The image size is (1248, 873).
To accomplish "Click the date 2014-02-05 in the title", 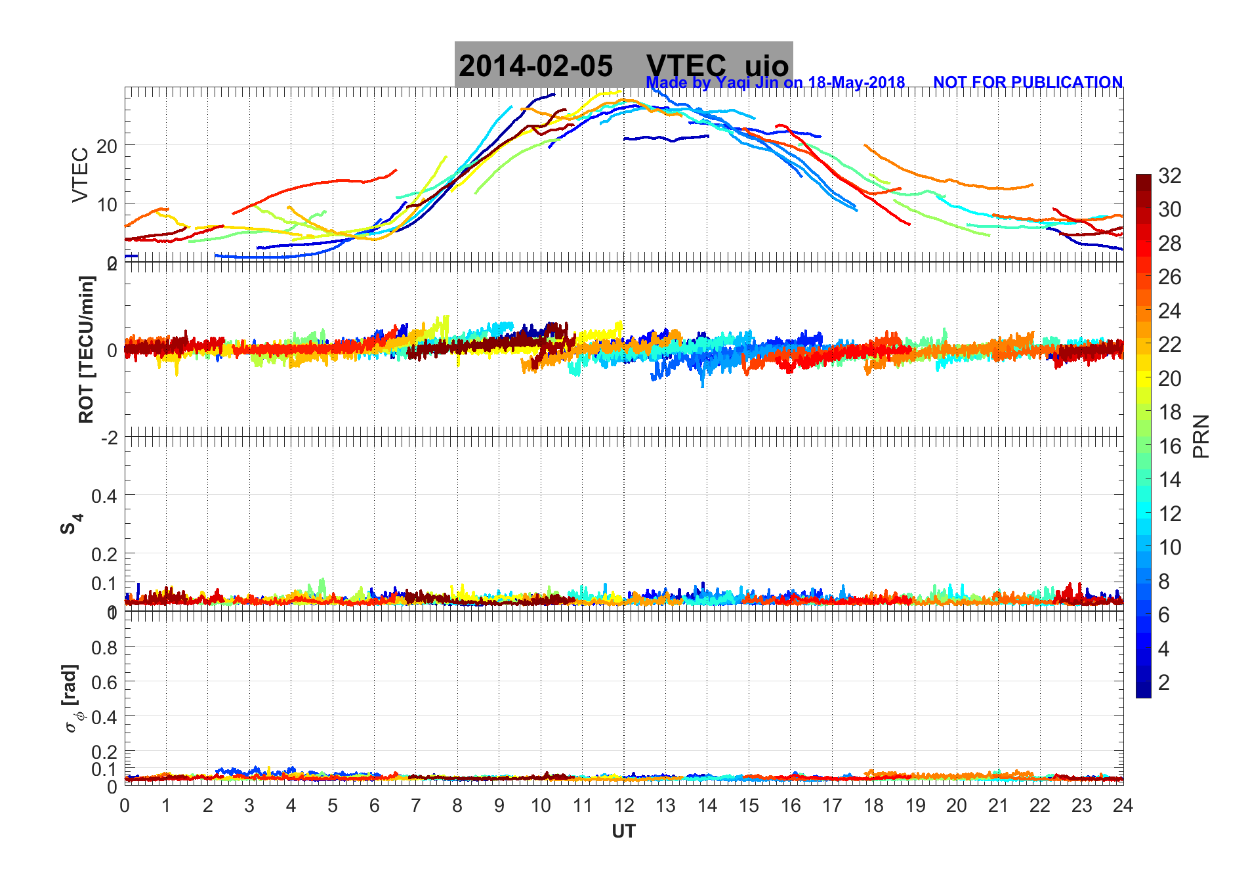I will click(535, 66).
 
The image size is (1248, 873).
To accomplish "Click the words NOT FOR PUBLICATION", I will click(1028, 83).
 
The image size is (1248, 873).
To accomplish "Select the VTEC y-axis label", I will click(80, 175).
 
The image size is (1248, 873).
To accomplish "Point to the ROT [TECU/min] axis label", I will click(86, 349).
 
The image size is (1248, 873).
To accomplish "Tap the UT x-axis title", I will click(623, 832).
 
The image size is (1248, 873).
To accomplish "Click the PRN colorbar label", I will click(1201, 436).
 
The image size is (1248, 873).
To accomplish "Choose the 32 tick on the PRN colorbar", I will click(1169, 176).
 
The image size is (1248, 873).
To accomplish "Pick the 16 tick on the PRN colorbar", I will click(1169, 446).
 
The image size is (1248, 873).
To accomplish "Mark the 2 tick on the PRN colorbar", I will click(1164, 683).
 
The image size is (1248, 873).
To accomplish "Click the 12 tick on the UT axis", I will click(624, 805).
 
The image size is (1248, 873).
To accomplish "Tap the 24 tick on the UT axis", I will click(1123, 805).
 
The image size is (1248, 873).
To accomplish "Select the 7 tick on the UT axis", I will click(416, 805).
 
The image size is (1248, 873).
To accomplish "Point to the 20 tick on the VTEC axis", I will click(107, 146).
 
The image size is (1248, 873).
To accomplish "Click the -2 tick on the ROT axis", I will click(109, 437).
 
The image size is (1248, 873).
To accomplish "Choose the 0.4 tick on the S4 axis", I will click(104, 496).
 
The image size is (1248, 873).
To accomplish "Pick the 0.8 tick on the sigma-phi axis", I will click(104, 648).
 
